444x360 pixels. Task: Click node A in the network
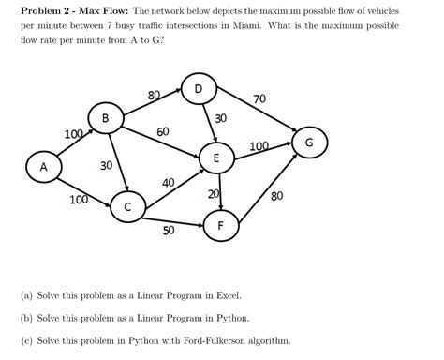pos(42,167)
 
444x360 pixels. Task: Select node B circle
pos(105,119)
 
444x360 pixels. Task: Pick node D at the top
pos(198,90)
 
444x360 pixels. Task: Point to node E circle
pos(216,159)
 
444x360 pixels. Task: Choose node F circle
pos(221,226)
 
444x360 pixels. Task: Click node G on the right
pos(309,142)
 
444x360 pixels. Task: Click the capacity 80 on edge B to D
pos(154,95)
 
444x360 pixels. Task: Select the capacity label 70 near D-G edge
pos(259,99)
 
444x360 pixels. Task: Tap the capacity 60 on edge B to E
pos(163,132)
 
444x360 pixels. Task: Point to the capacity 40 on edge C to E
pos(169,183)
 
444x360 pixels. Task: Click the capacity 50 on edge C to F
pos(169,230)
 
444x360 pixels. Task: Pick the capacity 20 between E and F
pos(214,194)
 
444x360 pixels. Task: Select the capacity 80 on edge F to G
pos(276,196)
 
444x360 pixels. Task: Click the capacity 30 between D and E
pos(220,119)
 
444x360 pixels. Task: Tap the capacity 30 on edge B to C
pos(106,165)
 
